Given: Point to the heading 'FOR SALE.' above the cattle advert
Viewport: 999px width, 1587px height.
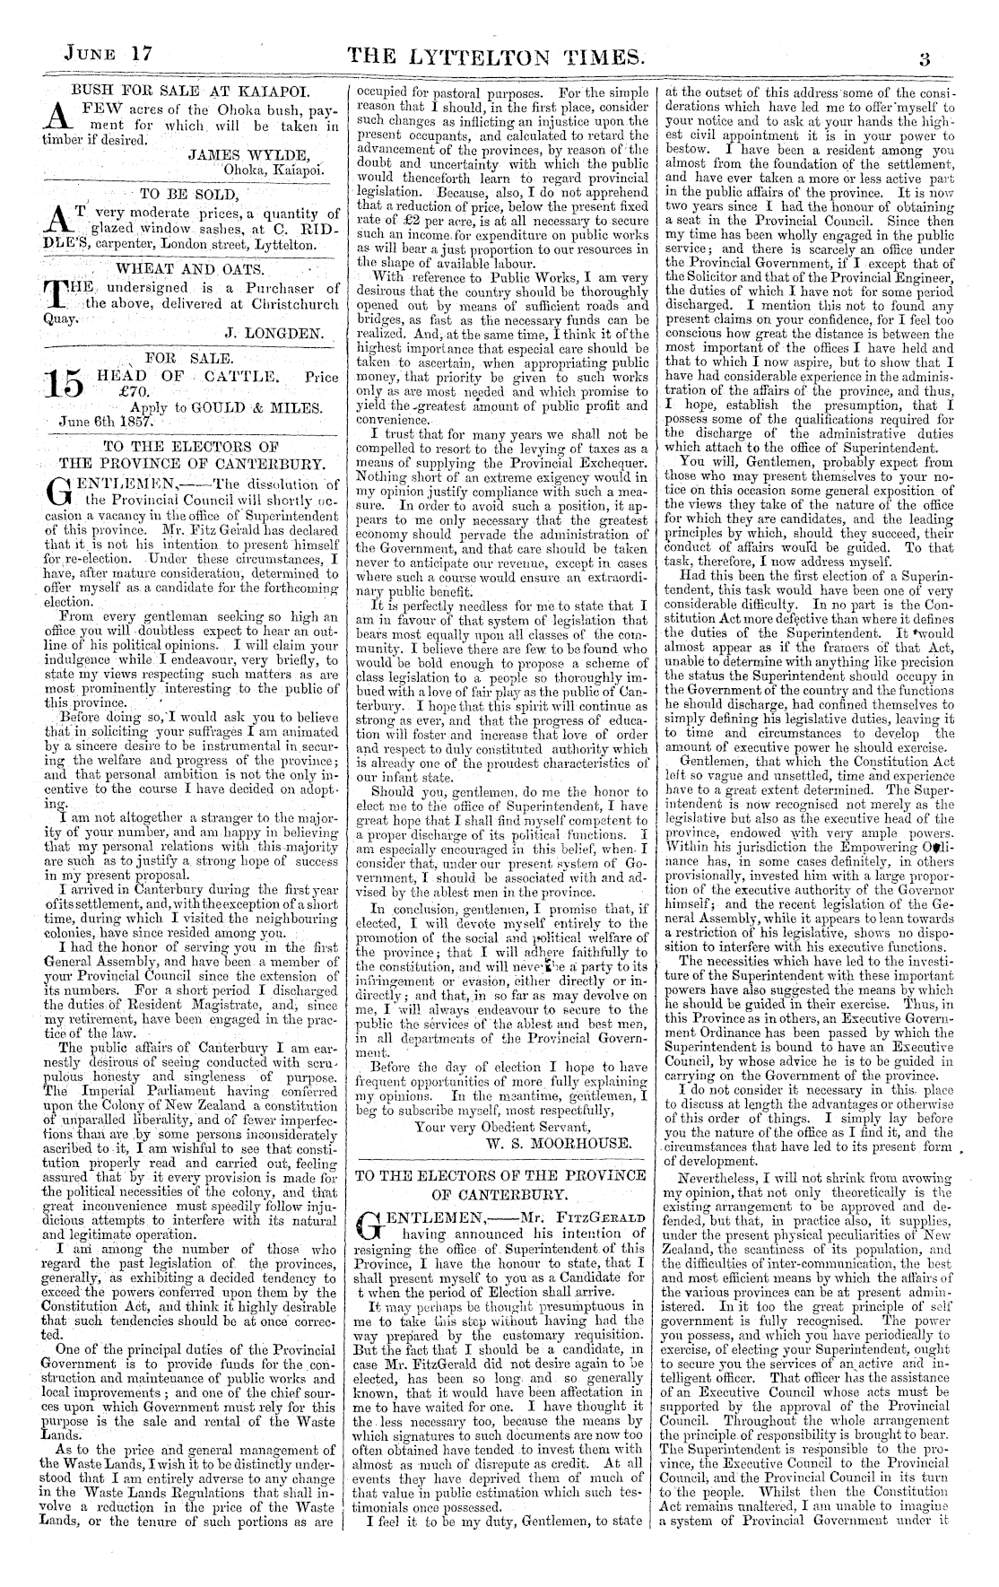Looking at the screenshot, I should pos(183,357).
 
